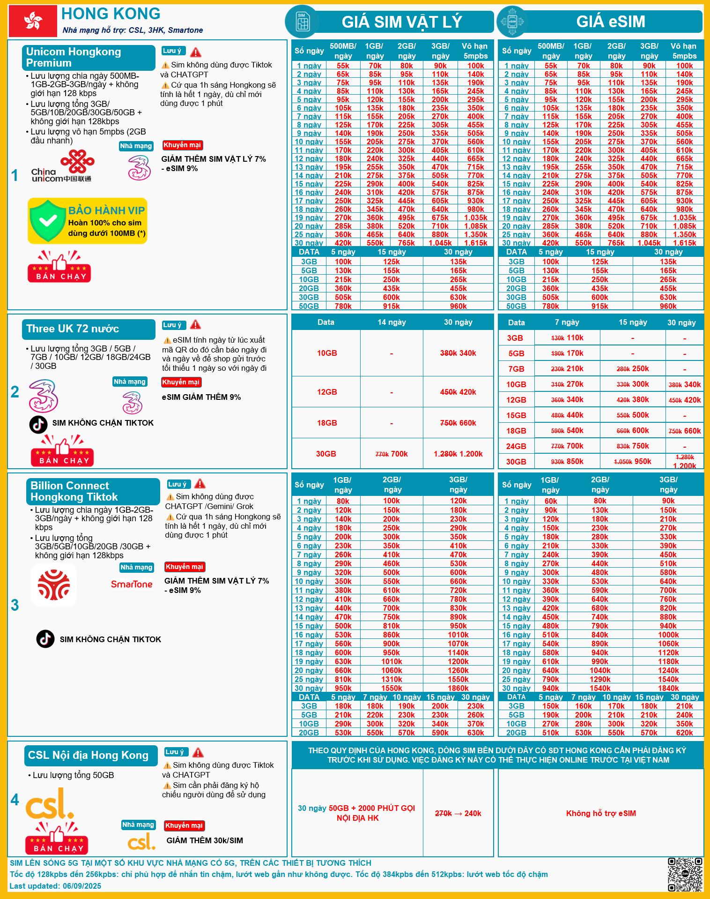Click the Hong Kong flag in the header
(x=33, y=21)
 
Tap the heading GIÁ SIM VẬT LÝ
(x=401, y=22)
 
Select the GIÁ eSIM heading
(x=610, y=22)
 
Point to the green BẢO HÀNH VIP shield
(x=47, y=220)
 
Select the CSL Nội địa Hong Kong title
(x=88, y=755)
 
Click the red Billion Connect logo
(x=54, y=585)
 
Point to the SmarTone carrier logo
(x=132, y=584)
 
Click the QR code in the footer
(x=685, y=874)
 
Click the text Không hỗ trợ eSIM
(x=601, y=813)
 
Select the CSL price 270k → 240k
(x=458, y=813)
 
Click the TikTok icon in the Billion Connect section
(x=45, y=639)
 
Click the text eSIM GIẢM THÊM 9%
(x=201, y=397)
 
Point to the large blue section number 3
(x=15, y=605)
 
